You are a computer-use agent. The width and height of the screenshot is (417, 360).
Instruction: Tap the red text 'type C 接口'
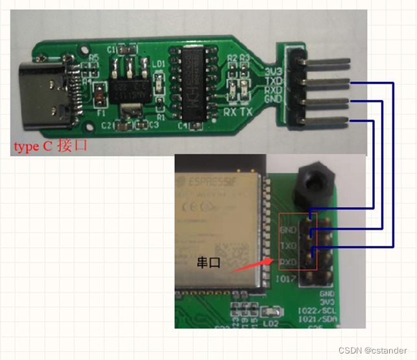tap(50, 147)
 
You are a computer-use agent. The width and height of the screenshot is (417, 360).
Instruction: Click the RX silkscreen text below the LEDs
tap(231, 112)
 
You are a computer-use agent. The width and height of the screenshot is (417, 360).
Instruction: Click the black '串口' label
tap(208, 264)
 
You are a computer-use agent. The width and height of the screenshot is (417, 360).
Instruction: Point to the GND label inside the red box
tap(289, 230)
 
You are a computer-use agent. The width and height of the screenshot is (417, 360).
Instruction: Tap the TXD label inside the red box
tap(289, 246)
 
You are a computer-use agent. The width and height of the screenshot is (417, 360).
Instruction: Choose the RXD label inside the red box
tap(289, 262)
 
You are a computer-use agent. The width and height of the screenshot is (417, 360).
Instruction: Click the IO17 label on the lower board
tap(290, 278)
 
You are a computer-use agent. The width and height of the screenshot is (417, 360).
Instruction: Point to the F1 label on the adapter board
tap(101, 112)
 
